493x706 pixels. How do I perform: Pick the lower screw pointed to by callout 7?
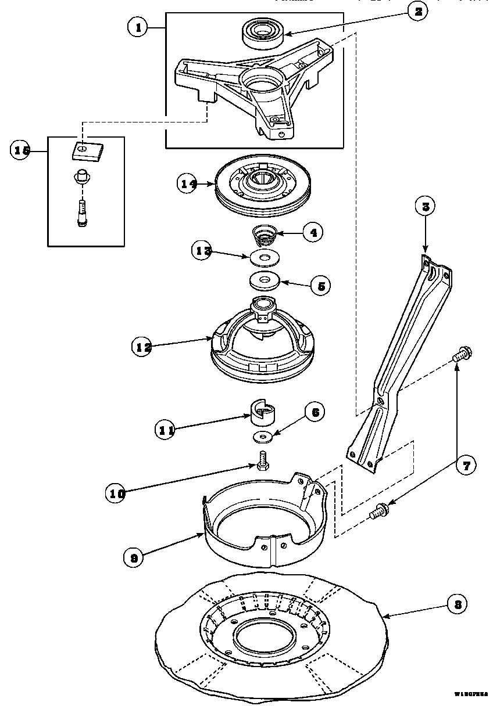tap(379, 512)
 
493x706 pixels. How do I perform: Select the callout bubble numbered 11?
tap(166, 430)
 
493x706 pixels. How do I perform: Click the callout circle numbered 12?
tap(142, 347)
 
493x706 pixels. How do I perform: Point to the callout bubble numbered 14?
tap(188, 184)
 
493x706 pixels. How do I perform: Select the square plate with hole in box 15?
tap(84, 150)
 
